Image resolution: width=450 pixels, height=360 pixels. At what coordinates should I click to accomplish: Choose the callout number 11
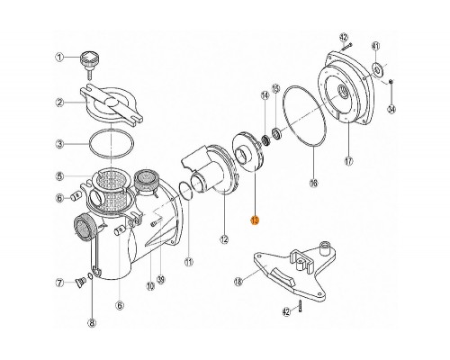[x=189, y=262]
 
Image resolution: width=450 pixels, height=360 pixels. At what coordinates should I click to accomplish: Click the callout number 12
[x=223, y=239]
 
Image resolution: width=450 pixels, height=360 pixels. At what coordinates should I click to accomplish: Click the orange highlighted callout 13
[x=255, y=219]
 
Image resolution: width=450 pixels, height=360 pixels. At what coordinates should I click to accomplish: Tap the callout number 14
[x=265, y=94]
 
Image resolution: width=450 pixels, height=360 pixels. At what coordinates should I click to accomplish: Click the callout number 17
[x=348, y=163]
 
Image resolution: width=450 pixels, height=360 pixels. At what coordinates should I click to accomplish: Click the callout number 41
[x=375, y=46]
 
